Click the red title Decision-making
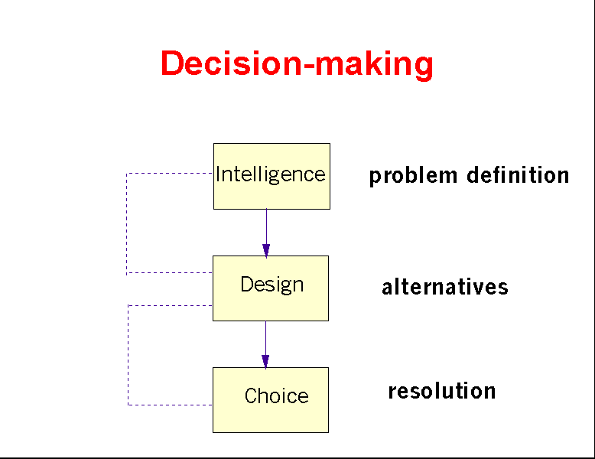tap(297, 63)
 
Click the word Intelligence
tap(271, 174)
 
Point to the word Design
tap(272, 285)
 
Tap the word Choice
tap(277, 396)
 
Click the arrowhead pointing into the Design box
tap(266, 249)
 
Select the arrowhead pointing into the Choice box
tap(265, 361)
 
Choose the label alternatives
tap(445, 287)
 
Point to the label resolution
tap(442, 392)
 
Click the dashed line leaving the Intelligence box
tap(168, 173)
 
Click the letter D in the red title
tap(171, 63)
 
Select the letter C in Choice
tap(251, 396)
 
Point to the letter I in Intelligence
tap(219, 174)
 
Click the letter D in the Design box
tap(246, 285)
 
